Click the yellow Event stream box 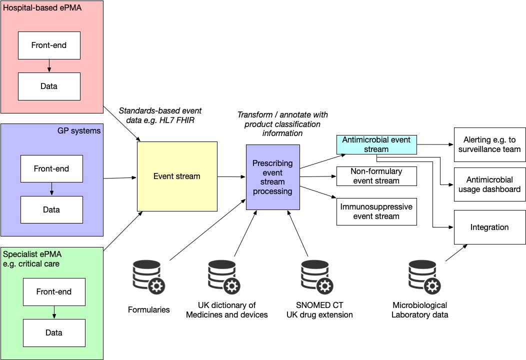(x=177, y=176)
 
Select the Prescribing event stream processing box (x=272, y=177)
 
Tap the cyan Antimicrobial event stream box (x=376, y=144)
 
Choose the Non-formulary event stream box (x=376, y=176)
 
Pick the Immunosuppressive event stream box (x=376, y=211)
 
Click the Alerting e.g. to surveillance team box (x=489, y=144)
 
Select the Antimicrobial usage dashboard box (x=489, y=184)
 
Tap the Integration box (x=489, y=227)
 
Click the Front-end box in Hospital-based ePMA (x=49, y=45)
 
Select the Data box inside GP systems (x=51, y=209)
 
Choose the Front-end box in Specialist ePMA (x=54, y=291)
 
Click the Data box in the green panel (x=54, y=332)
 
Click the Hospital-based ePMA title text (x=35, y=7)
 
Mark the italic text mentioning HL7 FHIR (x=160, y=115)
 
